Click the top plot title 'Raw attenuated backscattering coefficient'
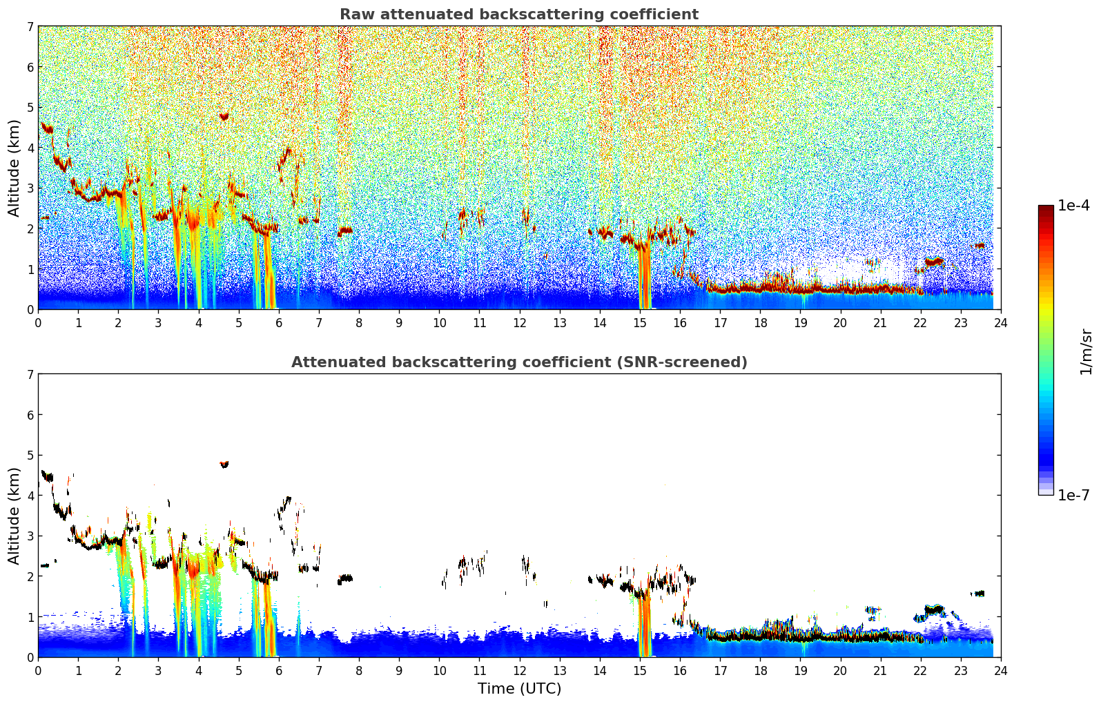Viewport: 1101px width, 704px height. tap(518, 14)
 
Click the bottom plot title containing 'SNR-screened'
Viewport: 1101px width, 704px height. tap(518, 362)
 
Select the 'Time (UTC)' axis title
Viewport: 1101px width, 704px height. tap(519, 689)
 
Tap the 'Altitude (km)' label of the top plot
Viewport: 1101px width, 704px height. tap(14, 168)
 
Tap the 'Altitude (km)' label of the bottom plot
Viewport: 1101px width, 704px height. tap(14, 516)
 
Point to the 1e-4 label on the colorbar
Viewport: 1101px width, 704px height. tap(1073, 206)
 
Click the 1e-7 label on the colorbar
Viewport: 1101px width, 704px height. tap(1073, 495)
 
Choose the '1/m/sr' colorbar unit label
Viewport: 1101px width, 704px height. tap(1086, 351)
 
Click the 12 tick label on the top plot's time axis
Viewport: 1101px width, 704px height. tap(519, 322)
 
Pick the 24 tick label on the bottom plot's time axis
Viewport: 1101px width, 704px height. tap(1000, 670)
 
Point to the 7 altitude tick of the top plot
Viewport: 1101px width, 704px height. tap(30, 27)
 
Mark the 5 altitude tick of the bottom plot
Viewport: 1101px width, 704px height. tap(30, 456)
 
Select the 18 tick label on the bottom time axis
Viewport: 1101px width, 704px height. tap(760, 670)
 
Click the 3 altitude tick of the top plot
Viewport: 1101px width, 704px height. tap(30, 188)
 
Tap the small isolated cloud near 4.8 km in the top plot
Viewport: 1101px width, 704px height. tap(224, 116)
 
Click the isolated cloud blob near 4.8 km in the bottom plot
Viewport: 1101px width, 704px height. tap(224, 465)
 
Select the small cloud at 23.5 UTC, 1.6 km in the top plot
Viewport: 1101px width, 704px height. tap(980, 246)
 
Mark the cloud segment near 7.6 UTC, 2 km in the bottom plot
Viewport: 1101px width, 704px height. tap(345, 578)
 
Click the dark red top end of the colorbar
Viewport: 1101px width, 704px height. tap(1045, 208)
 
